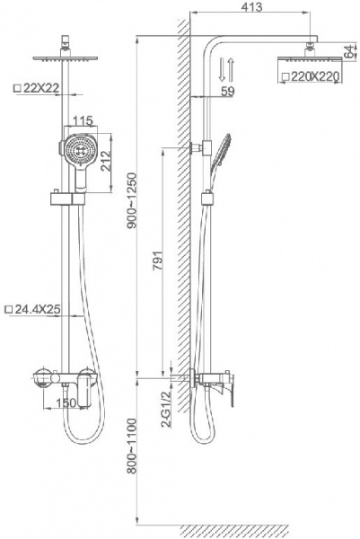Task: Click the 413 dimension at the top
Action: click(x=251, y=6)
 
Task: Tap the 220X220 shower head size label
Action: click(x=312, y=76)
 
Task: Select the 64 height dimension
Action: click(x=349, y=51)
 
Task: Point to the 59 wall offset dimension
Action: click(x=227, y=91)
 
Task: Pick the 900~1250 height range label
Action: click(x=132, y=201)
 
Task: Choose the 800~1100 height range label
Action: click(x=132, y=446)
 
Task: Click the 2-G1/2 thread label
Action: click(x=167, y=409)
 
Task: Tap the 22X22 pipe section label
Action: click(x=36, y=88)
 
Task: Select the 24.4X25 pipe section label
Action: click(x=32, y=309)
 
